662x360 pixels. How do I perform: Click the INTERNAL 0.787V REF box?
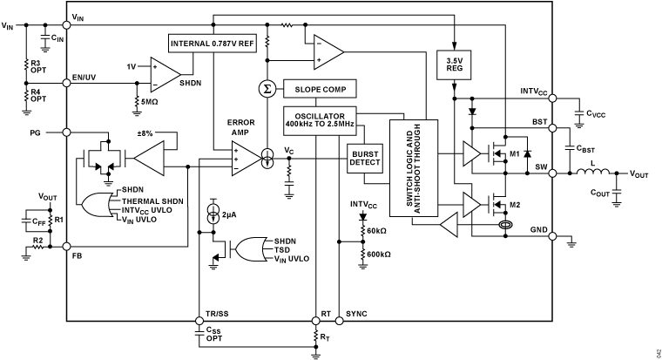tap(212, 44)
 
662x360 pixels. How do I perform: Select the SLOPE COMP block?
tap(320, 89)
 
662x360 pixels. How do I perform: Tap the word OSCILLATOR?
tap(320, 116)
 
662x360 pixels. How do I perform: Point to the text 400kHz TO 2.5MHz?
tap(320, 125)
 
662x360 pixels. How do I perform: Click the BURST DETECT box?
tap(364, 158)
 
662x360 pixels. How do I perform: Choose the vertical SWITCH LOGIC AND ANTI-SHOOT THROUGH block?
tap(413, 168)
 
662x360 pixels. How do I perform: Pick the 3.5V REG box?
tap(453, 65)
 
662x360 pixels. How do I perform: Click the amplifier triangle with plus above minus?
tap(163, 75)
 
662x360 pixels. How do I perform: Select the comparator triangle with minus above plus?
tap(326, 52)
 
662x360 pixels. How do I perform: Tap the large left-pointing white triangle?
tap(152, 159)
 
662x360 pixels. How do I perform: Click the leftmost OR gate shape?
tap(97, 205)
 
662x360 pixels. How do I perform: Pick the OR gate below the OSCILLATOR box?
tap(251, 249)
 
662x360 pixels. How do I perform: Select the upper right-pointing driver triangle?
tap(470, 153)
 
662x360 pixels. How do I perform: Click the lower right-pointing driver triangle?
tap(470, 205)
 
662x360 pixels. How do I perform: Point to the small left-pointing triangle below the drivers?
tap(450, 225)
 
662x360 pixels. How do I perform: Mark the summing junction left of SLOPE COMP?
tap(267, 89)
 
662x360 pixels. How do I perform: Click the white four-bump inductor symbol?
tap(592, 173)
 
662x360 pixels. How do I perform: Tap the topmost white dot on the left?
tap(66, 25)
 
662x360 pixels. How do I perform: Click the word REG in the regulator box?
tap(453, 69)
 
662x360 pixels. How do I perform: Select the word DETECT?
tap(364, 162)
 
